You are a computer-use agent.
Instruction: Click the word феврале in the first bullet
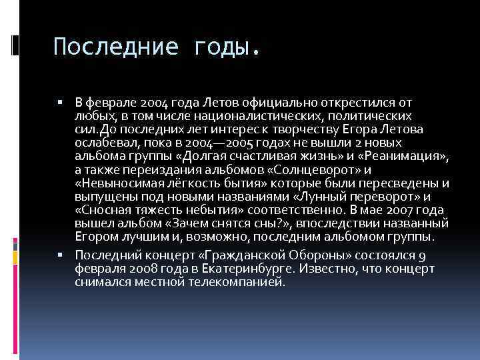[110, 103]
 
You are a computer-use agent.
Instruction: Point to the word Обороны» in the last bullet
[299, 255]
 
